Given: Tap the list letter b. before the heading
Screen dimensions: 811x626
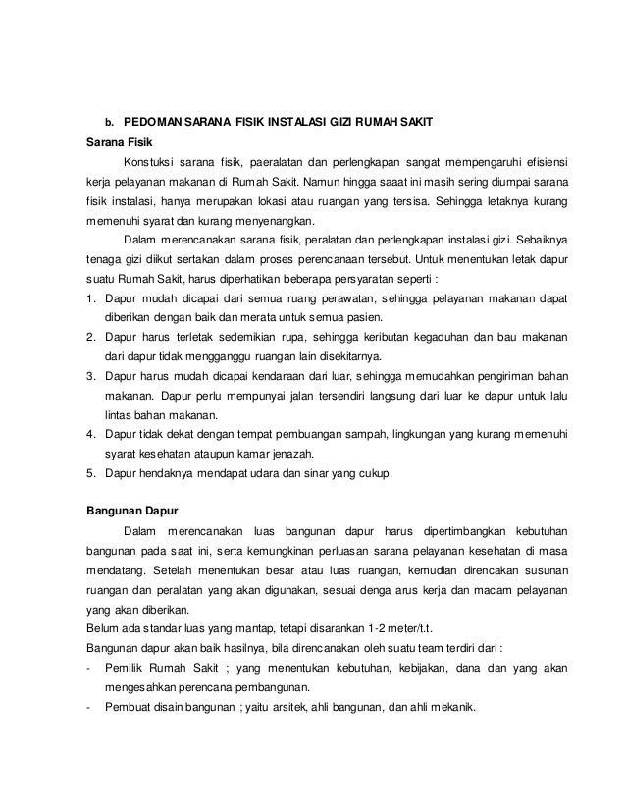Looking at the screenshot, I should [110, 123].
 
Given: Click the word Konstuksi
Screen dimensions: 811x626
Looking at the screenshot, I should [152, 162].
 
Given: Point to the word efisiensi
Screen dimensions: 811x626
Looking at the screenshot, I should [542, 162].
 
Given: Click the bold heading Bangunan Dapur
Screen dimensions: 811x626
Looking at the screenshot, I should [126, 510].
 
